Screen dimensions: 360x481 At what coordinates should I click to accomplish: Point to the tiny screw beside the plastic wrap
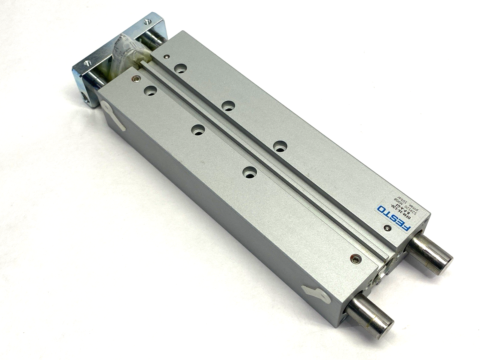click(166, 56)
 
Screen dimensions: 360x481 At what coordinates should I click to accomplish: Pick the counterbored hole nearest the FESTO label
click(280, 146)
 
